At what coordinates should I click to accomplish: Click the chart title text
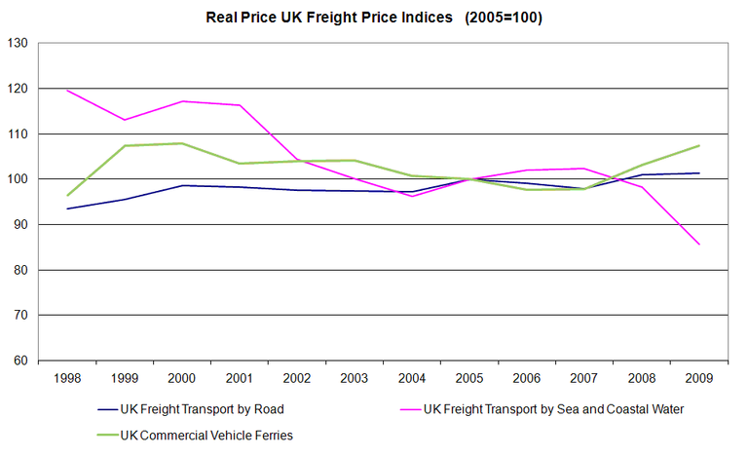click(373, 18)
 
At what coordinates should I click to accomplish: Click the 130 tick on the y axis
click(18, 43)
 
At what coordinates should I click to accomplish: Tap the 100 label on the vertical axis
click(18, 179)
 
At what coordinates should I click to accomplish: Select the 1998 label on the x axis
click(67, 378)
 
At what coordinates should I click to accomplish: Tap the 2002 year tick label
click(297, 378)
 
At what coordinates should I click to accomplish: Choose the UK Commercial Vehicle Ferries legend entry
click(206, 436)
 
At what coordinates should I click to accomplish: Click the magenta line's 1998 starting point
click(67, 91)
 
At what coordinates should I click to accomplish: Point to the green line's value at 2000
click(182, 143)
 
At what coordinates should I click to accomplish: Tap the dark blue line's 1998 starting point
click(67, 209)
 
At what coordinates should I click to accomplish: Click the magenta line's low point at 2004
click(412, 197)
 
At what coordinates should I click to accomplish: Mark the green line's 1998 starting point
click(67, 196)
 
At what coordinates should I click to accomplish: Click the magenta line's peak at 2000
click(182, 101)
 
